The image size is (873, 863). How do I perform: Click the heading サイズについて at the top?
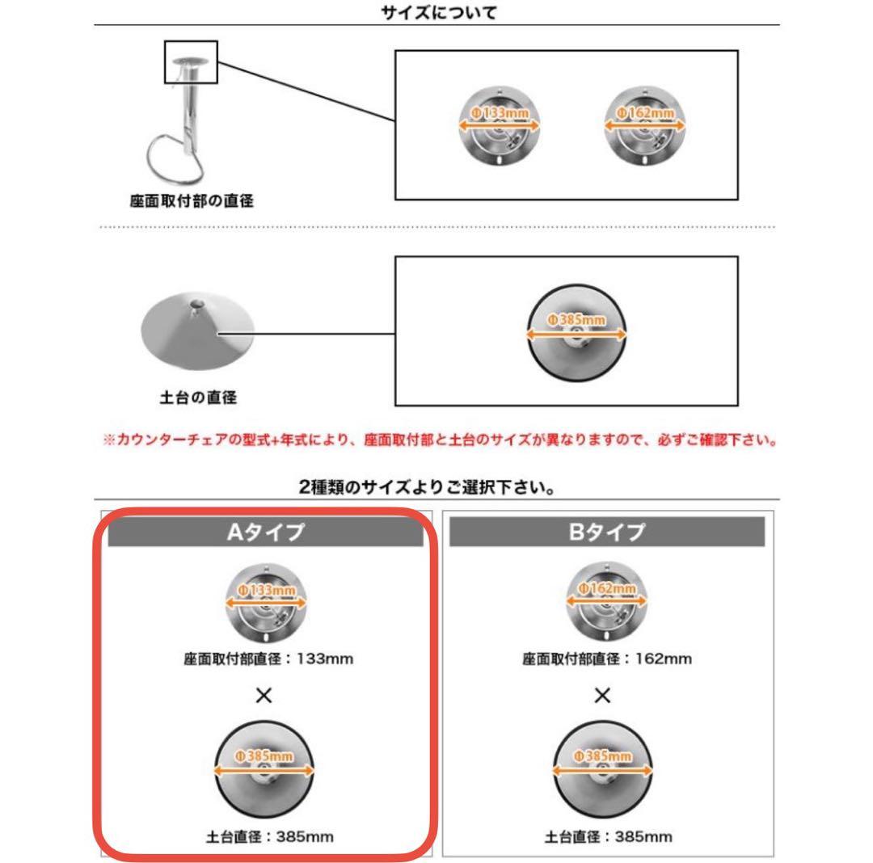[436, 12]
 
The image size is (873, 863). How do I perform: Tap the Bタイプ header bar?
[606, 533]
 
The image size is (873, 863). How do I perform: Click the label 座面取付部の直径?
[192, 201]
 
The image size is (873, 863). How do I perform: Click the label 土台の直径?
[198, 398]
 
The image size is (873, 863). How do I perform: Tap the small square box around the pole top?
[191, 62]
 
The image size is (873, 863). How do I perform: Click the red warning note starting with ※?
[440, 441]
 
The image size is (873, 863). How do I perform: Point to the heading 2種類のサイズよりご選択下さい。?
[436, 488]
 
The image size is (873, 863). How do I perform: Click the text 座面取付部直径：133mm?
[268, 659]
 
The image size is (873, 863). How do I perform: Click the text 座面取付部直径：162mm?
[606, 659]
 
